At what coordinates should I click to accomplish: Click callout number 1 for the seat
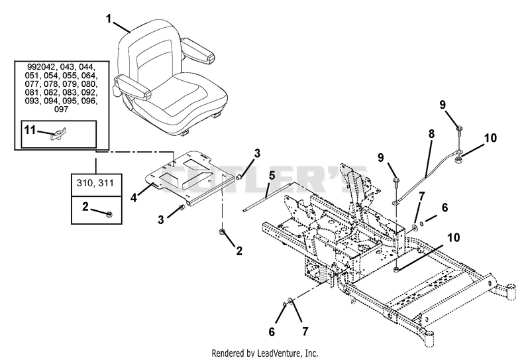click(109, 19)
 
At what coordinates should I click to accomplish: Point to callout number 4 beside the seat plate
click(134, 198)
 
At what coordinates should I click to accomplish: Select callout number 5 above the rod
click(272, 176)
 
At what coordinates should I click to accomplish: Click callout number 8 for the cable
click(431, 134)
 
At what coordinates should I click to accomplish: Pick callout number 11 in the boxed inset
click(30, 129)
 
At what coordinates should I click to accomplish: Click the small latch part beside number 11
click(59, 134)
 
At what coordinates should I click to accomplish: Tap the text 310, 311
click(95, 184)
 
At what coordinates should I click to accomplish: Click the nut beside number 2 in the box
click(109, 214)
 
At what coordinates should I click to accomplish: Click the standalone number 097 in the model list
click(61, 109)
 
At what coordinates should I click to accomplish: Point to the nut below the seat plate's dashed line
click(222, 232)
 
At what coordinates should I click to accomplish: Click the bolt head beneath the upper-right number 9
click(459, 129)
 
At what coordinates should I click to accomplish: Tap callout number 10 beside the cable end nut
click(490, 138)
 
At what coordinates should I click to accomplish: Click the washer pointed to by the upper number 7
click(414, 227)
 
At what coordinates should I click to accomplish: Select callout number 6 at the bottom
click(272, 332)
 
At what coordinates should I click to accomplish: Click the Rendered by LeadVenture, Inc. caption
click(264, 353)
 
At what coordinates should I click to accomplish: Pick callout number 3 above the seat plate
click(257, 153)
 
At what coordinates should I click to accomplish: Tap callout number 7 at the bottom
click(305, 331)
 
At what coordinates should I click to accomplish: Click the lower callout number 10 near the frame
click(454, 237)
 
